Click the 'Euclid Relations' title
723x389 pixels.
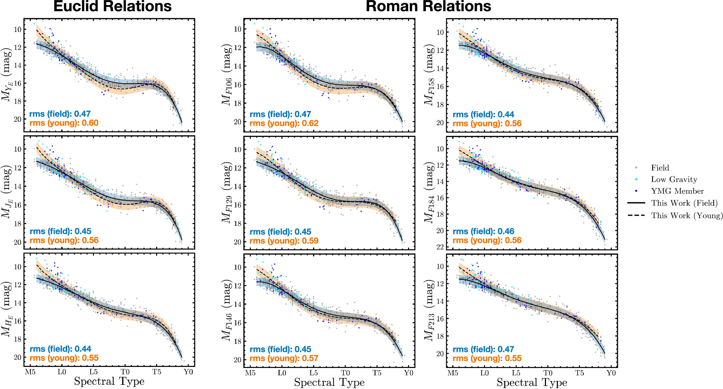click(112, 7)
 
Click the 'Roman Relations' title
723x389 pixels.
click(428, 7)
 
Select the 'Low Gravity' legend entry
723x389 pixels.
click(674, 180)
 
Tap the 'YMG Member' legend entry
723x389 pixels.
click(677, 191)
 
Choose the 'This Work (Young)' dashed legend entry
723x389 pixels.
click(686, 216)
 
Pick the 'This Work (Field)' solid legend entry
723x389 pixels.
click(684, 203)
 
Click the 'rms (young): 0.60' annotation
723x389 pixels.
click(64, 123)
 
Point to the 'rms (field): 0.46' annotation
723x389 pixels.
click(483, 231)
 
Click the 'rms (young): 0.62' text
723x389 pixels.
click(284, 123)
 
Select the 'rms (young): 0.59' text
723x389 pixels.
click(284, 241)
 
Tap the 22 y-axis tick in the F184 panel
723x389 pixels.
click(440, 247)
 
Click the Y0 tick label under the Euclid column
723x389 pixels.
click(188, 372)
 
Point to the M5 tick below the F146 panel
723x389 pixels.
click(250, 373)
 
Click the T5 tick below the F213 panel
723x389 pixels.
click(580, 373)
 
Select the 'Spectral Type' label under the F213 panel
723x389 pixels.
click(532, 382)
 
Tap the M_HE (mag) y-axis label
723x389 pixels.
click(7, 310)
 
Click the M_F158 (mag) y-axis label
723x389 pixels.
click(429, 75)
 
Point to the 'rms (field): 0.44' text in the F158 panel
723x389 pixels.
click(483, 114)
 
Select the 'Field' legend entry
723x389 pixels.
click(660, 168)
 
